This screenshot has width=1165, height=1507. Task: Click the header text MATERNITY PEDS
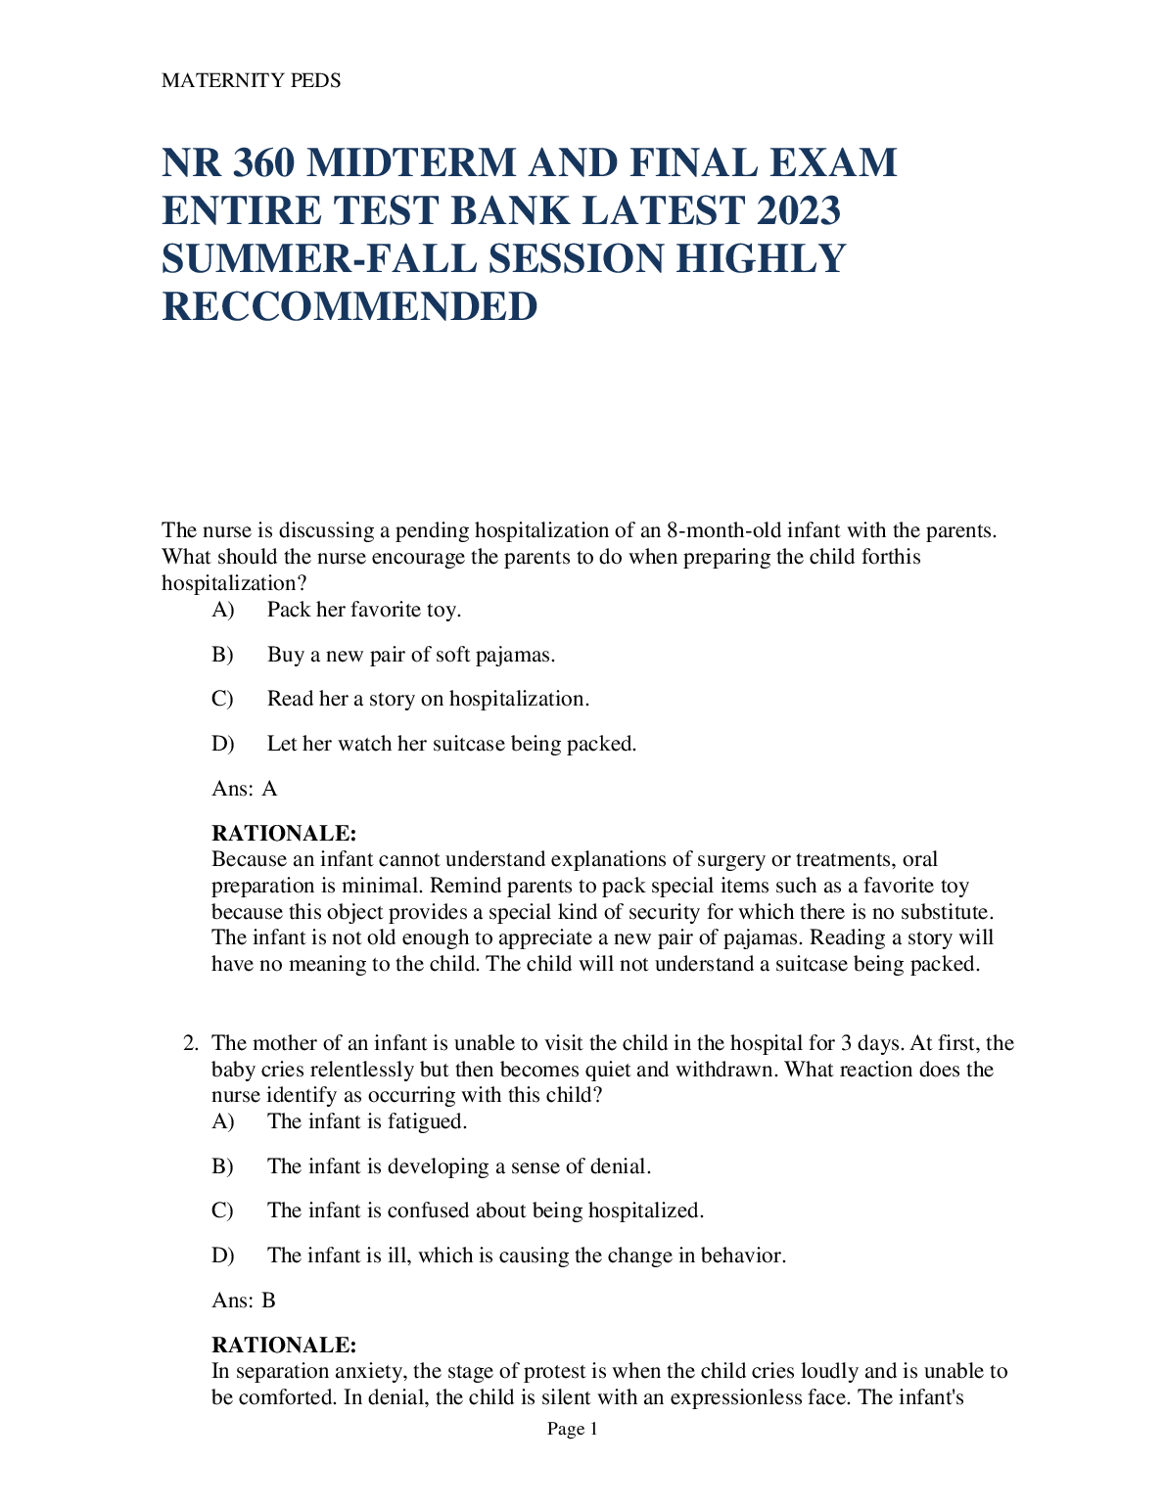tap(251, 81)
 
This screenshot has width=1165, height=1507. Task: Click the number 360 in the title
tap(263, 163)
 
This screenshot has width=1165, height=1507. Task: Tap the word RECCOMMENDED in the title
tap(349, 307)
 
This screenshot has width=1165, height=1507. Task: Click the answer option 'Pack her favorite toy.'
tap(363, 610)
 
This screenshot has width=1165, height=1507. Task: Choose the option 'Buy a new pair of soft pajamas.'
tap(411, 655)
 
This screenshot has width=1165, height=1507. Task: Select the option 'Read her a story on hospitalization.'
tap(428, 699)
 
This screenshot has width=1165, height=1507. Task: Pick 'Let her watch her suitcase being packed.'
tap(451, 744)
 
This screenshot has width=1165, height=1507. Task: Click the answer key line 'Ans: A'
tap(245, 789)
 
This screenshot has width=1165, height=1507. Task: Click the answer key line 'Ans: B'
tap(244, 1301)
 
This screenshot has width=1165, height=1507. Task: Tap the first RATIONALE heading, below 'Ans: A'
tap(284, 834)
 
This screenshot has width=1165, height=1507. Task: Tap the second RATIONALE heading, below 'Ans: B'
tap(284, 1346)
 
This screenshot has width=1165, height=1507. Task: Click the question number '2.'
tap(192, 1043)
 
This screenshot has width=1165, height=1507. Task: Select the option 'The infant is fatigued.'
tap(367, 1121)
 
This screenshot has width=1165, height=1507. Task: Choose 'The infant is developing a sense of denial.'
tap(459, 1166)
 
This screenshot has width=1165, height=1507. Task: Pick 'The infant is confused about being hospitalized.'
tap(486, 1210)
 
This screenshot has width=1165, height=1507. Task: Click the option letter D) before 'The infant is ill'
tap(223, 1256)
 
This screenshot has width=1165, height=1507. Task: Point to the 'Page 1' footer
tap(573, 1430)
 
